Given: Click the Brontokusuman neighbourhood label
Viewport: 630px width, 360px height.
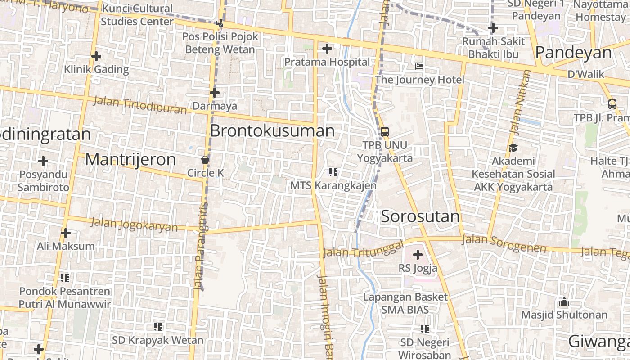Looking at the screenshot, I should click(x=272, y=131).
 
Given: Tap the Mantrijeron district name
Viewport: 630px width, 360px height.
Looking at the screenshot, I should click(x=130, y=159).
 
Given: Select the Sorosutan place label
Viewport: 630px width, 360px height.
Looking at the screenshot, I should click(x=420, y=216).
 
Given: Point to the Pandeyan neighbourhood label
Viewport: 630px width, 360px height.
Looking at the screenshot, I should click(x=574, y=53).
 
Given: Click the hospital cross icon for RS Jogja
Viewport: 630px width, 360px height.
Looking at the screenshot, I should click(x=418, y=255).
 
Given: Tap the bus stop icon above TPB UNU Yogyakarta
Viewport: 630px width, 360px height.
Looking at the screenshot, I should click(x=384, y=132).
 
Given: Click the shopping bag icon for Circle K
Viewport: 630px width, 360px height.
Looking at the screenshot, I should click(x=205, y=160).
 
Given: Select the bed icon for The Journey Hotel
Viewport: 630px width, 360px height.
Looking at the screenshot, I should click(x=419, y=67).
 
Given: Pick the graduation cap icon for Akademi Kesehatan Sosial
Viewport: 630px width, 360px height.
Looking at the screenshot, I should click(x=513, y=148).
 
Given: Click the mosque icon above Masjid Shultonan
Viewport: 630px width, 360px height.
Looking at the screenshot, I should click(x=564, y=301).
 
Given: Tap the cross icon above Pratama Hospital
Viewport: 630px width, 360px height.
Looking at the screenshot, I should click(x=327, y=49).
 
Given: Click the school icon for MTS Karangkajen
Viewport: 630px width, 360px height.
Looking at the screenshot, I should click(x=333, y=172).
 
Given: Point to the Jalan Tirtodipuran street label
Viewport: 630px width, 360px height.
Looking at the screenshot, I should click(x=139, y=105).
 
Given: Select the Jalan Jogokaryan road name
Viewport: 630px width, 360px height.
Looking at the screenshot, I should click(x=134, y=224).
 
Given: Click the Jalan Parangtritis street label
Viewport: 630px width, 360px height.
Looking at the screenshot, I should click(x=201, y=245).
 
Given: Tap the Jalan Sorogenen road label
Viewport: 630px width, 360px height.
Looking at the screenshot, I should click(x=504, y=243).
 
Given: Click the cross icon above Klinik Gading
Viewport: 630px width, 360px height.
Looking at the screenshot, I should click(x=96, y=56).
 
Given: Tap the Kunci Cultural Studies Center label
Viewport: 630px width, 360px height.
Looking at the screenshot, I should click(x=137, y=15).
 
